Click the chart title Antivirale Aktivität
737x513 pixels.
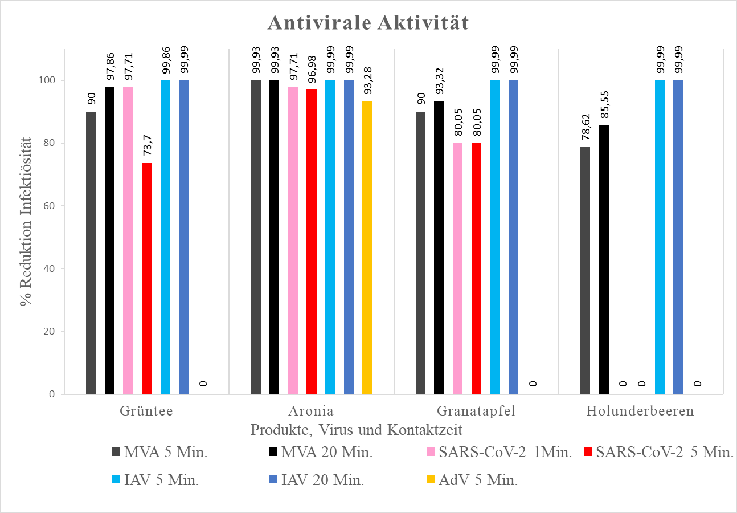point(368,23)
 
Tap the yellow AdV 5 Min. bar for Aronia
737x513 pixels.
point(367,247)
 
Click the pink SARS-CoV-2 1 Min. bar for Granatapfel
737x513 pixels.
point(458,268)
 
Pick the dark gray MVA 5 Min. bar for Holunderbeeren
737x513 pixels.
point(585,270)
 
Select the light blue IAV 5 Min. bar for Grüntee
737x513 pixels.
point(165,237)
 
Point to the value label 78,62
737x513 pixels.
point(585,128)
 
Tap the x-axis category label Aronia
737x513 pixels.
point(311,411)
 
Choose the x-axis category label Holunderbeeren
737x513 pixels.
point(641,411)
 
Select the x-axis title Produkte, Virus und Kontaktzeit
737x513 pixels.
point(356,429)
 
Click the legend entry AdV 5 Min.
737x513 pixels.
point(478,480)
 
